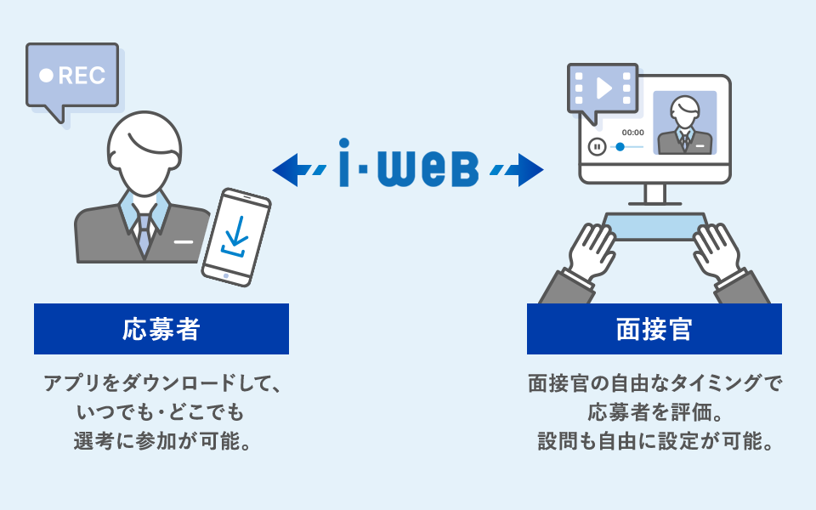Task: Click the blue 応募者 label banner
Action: tap(161, 329)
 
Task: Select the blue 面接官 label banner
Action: tap(654, 329)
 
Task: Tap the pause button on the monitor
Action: tap(598, 147)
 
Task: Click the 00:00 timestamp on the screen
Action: tap(633, 133)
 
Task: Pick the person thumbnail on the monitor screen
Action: tap(685, 122)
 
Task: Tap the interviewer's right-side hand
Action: tap(718, 251)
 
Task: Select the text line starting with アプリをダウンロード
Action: tap(161, 383)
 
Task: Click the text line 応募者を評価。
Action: tap(654, 413)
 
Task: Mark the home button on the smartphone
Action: tap(225, 275)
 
